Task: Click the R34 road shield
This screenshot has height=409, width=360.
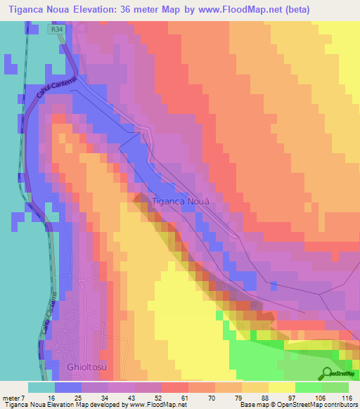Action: pyautogui.click(x=56, y=30)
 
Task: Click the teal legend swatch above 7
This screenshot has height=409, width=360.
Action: pyautogui.click(x=41, y=387)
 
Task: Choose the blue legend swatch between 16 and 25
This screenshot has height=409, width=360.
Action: pyautogui.click(x=68, y=387)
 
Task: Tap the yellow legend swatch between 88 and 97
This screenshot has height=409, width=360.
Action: pyautogui.click(x=281, y=387)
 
